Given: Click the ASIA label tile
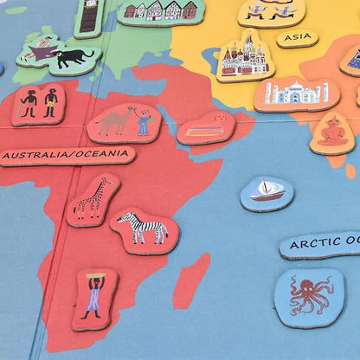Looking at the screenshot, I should pyautogui.click(x=297, y=37).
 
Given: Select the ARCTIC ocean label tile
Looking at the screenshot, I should pyautogui.click(x=322, y=243).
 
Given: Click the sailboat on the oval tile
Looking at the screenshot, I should pyautogui.click(x=267, y=191).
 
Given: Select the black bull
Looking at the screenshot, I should pyautogui.click(x=74, y=58).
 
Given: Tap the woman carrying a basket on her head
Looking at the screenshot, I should pyautogui.click(x=93, y=296).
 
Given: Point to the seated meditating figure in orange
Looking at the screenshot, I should pyautogui.click(x=332, y=132).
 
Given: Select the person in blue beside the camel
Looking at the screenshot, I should pyautogui.click(x=144, y=123).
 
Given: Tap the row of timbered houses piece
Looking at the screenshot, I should pyautogui.click(x=159, y=10).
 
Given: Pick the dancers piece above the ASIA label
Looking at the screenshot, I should pyautogui.click(x=271, y=11).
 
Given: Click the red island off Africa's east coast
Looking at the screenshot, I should pyautogui.click(x=192, y=280).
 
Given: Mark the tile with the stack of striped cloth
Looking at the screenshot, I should pyautogui.click(x=206, y=128).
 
